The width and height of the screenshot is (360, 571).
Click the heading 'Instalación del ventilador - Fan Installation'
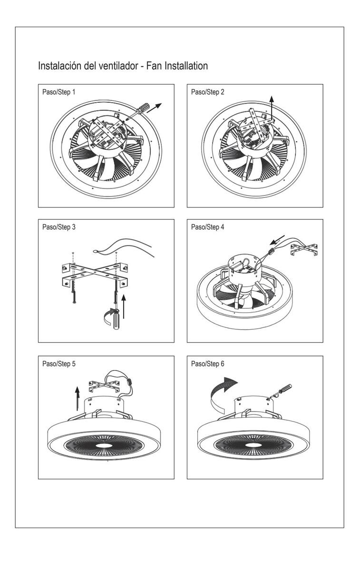tap(123, 66)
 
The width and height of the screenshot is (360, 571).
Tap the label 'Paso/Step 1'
tap(59, 92)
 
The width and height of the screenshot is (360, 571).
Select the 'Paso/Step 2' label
tap(208, 92)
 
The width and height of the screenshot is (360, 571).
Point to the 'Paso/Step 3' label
tap(59, 227)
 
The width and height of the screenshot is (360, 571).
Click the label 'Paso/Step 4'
tap(208, 227)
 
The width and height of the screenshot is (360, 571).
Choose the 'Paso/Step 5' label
tap(59, 364)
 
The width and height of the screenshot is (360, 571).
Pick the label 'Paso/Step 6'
tap(208, 364)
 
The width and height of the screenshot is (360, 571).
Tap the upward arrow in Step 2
tap(272, 108)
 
